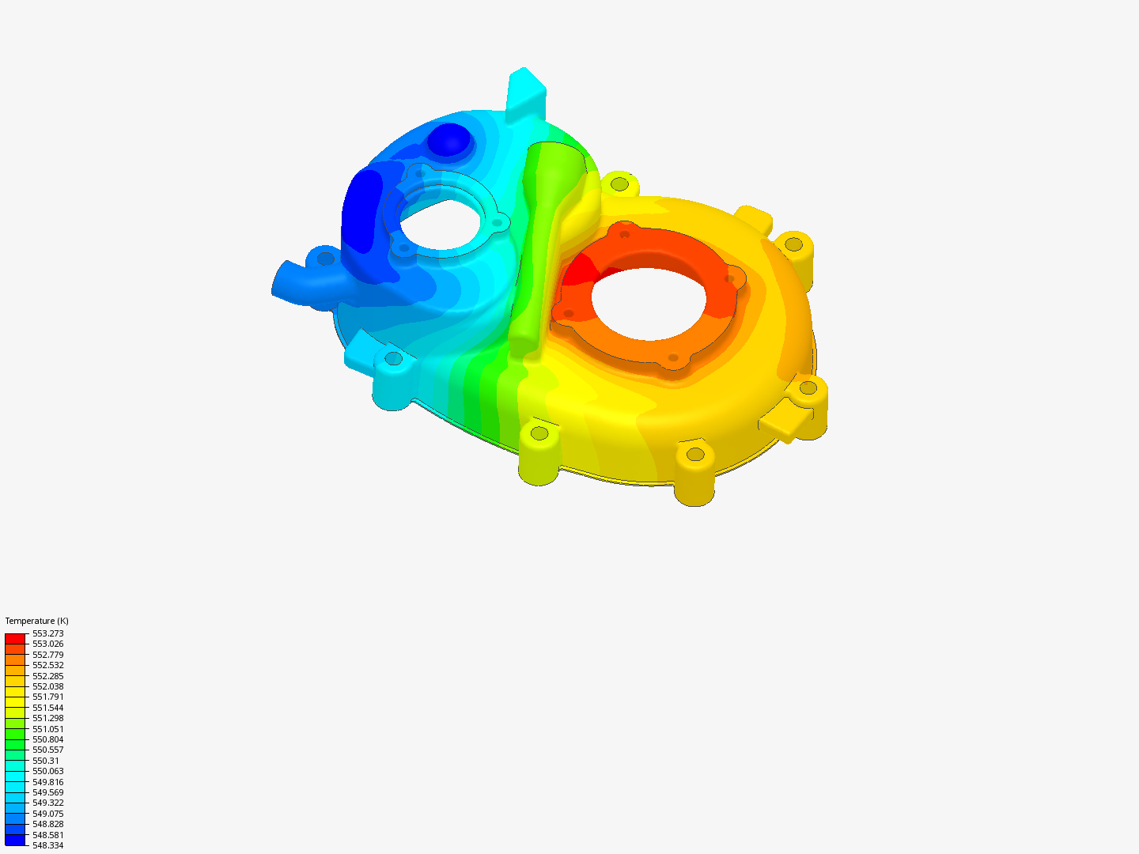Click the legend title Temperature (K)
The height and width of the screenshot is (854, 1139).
36,621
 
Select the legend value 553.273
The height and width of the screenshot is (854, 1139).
47,633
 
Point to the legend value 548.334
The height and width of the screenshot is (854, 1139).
47,845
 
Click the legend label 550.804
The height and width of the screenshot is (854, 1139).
47,739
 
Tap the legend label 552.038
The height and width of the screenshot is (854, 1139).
47,686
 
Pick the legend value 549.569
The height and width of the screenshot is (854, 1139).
47,792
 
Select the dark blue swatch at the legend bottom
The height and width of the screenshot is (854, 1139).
15,840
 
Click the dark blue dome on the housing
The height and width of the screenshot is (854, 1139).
449,139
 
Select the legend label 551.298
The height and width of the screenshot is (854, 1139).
47,718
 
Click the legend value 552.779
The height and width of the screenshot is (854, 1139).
47,655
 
